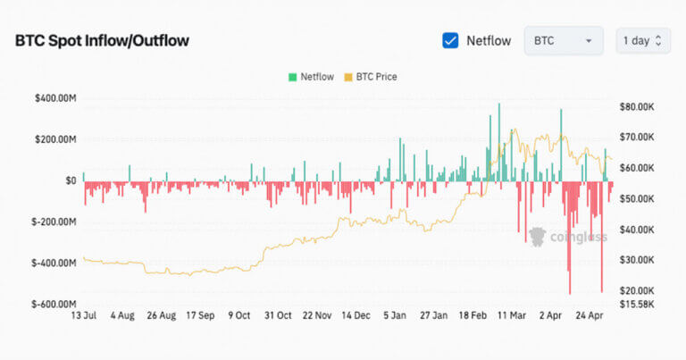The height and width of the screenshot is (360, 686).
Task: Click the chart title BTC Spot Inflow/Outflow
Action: tap(102, 41)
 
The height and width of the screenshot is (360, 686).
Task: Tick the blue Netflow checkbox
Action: tap(451, 40)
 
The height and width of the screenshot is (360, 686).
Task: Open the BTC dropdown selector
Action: tap(563, 41)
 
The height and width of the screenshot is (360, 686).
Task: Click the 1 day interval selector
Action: tap(642, 41)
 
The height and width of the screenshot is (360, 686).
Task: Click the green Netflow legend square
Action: tap(292, 77)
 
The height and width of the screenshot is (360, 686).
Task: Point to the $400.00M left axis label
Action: tap(54, 98)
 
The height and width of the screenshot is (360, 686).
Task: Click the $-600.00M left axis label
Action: tap(53, 305)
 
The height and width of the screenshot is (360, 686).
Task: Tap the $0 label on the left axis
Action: tap(69, 180)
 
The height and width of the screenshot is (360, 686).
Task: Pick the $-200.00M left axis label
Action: tap(53, 222)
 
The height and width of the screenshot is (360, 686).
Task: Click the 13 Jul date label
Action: tap(83, 315)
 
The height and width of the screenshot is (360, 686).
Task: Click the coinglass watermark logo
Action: tap(568, 237)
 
